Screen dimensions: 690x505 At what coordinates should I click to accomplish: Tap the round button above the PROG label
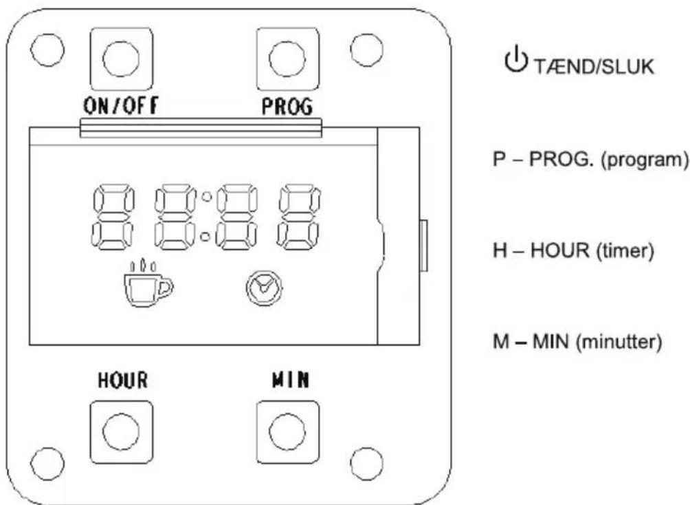(x=287, y=59)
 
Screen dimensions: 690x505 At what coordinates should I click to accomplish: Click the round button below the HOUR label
(x=121, y=432)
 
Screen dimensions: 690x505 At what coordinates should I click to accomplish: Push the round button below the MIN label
(x=287, y=432)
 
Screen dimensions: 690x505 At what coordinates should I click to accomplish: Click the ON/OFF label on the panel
(x=121, y=106)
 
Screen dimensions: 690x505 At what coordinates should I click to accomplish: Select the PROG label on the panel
(x=287, y=107)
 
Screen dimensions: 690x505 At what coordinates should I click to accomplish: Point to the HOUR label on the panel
(x=123, y=380)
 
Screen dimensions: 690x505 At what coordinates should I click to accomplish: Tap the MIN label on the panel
(x=291, y=379)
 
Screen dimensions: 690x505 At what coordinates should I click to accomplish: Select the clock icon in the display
(x=264, y=288)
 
